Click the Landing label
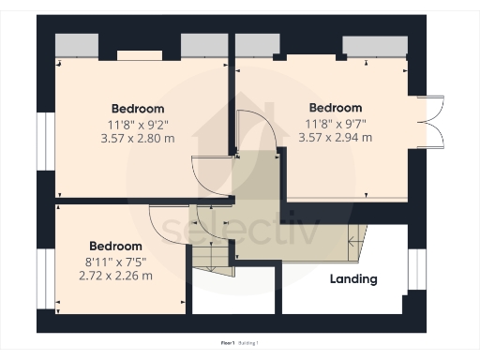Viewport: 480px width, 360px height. [353, 278]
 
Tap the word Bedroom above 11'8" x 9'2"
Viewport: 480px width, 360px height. [138, 108]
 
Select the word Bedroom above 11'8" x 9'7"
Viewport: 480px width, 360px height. [335, 108]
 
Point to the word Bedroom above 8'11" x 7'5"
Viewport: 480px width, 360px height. [116, 247]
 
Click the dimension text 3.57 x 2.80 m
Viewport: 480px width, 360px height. [138, 139]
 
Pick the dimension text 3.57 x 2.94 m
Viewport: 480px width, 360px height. [335, 138]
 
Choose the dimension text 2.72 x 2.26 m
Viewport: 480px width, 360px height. [116, 277]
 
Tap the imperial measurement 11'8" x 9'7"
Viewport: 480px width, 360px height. [335, 123]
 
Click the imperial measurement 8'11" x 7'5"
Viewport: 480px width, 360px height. [116, 262]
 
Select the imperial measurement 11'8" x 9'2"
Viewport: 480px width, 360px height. [138, 124]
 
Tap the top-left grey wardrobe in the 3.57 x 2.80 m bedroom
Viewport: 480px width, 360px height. [76, 46]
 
